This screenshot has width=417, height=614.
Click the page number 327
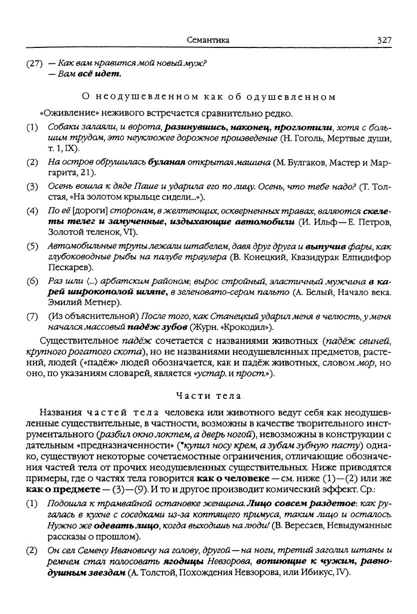tap(381, 40)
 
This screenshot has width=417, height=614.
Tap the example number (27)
tap(35, 64)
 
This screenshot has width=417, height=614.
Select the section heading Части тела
tap(208, 396)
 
